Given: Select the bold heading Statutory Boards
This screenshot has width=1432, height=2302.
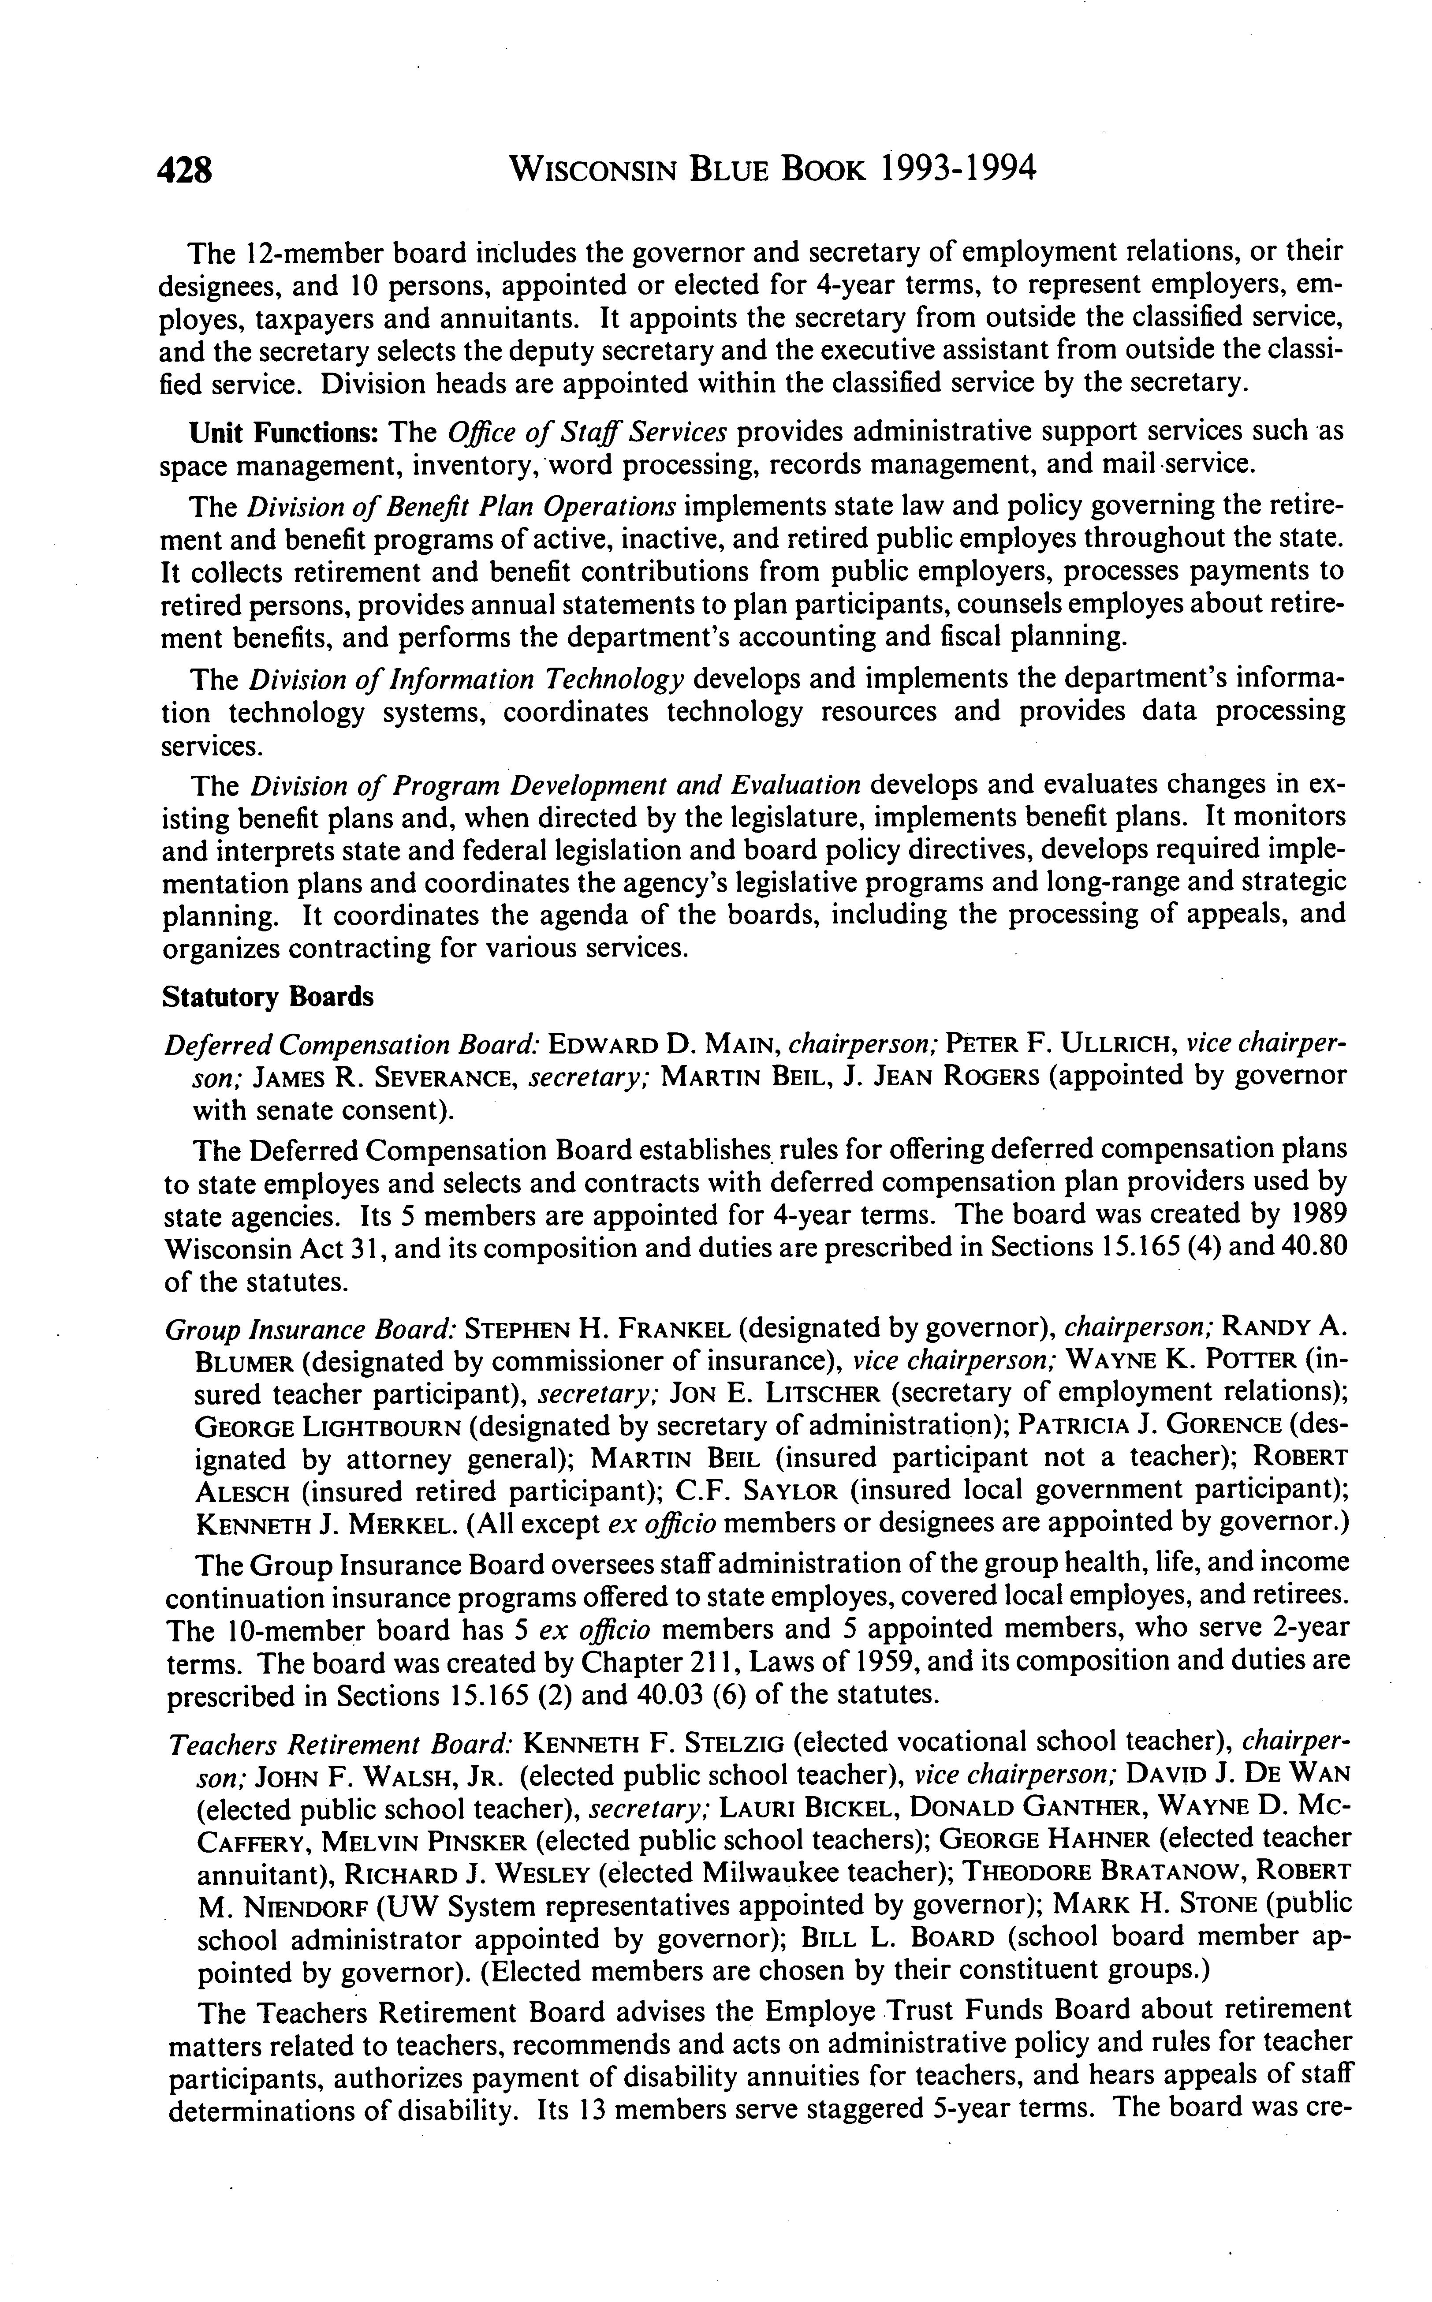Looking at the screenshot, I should (x=268, y=997).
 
